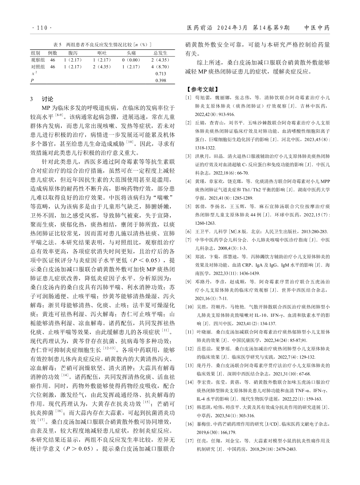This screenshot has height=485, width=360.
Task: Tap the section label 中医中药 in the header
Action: tap(317, 28)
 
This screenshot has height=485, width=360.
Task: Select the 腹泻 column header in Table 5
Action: tap(73, 53)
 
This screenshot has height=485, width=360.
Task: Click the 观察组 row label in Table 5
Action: tap(38, 60)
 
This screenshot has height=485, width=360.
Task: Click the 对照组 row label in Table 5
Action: tap(38, 67)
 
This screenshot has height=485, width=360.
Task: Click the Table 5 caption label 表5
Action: tap(57, 45)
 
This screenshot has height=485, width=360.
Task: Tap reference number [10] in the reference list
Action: tap(189, 305)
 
